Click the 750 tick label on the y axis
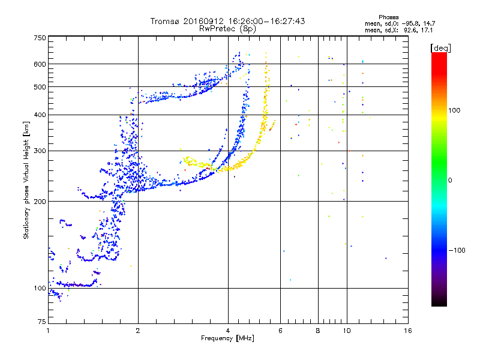(x=40, y=38)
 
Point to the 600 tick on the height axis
(x=40, y=64)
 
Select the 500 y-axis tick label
(x=40, y=87)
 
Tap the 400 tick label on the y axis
(x=40, y=115)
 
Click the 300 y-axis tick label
(x=40, y=151)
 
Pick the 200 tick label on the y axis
(x=40, y=201)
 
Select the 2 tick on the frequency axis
(x=138, y=331)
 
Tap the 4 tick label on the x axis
(x=228, y=331)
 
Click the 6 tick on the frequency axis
(x=281, y=331)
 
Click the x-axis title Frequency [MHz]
(x=228, y=339)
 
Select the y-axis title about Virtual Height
(x=26, y=180)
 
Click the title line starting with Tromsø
(x=227, y=21)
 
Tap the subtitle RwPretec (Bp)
(x=227, y=28)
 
